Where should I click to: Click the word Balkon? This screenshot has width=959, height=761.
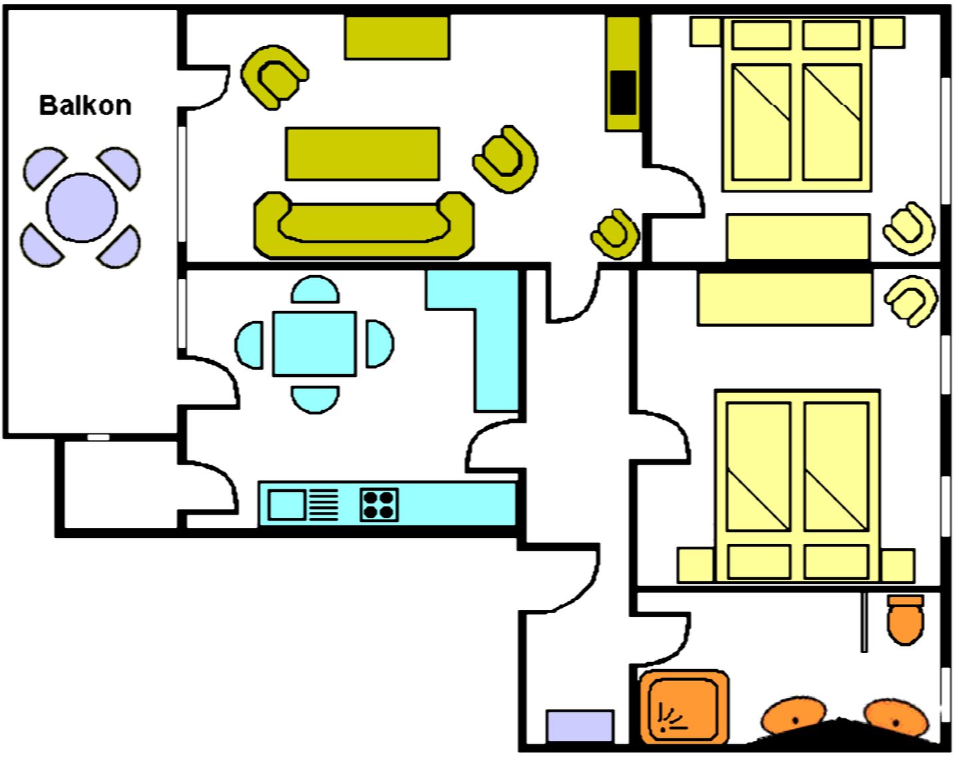click(x=85, y=106)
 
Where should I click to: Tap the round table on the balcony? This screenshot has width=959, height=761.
click(x=82, y=208)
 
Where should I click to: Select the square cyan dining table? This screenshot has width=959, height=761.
click(x=314, y=344)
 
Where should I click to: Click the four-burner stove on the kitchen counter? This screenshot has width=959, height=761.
click(x=379, y=505)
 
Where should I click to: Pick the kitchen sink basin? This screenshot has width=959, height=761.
click(x=287, y=505)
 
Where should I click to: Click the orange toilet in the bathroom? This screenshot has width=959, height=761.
click(x=905, y=620)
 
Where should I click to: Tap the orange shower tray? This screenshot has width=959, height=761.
click(x=684, y=708)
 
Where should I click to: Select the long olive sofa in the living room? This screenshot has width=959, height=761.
click(x=364, y=226)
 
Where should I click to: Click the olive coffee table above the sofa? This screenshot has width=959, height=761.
click(x=363, y=154)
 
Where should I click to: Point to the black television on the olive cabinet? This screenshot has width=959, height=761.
click(x=623, y=93)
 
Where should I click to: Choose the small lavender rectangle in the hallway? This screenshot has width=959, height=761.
click(x=580, y=726)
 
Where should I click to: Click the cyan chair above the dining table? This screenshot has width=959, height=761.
click(x=315, y=290)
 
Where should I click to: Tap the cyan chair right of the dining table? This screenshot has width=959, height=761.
click(x=380, y=344)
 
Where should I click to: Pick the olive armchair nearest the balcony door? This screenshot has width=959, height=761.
click(x=274, y=77)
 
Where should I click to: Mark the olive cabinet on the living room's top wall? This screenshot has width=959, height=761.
click(x=397, y=37)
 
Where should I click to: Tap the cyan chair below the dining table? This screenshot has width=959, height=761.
click(x=315, y=399)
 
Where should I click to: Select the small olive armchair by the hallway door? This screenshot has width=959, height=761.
click(x=615, y=234)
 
